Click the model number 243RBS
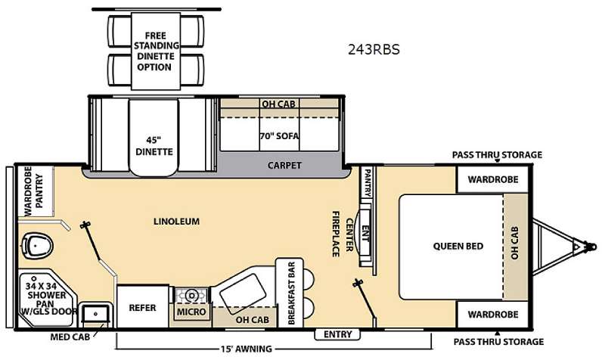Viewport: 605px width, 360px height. coord(374,49)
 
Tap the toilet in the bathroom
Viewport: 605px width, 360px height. coord(37,246)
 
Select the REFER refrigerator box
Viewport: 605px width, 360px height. coord(143,307)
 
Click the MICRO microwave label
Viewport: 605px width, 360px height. coord(191,312)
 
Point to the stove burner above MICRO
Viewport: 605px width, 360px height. coord(191,296)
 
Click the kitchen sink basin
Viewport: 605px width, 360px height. coord(243,289)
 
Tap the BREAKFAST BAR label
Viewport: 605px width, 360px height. coord(291,293)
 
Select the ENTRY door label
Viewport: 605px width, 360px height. coord(337,334)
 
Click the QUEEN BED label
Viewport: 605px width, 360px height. coord(458,246)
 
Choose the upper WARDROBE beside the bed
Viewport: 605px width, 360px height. coord(493,179)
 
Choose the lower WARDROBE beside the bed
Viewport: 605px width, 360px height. coord(493,314)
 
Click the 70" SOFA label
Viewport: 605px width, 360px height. coord(279,136)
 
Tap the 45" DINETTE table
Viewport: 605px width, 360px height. coord(154,138)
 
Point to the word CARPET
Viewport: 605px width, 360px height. coord(284,165)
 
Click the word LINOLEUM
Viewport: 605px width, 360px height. coord(176,222)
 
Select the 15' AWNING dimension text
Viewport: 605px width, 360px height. coord(247,349)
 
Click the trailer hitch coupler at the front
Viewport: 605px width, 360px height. coord(589,246)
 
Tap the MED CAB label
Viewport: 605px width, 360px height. coord(70,337)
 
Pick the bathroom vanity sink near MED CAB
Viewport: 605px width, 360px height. coord(95,314)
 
